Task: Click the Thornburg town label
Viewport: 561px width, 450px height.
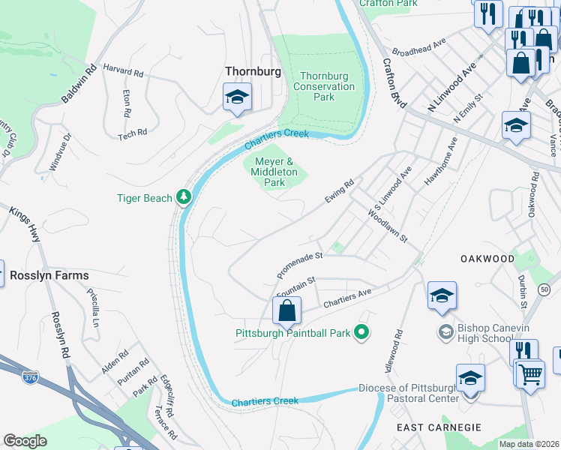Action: (253, 72)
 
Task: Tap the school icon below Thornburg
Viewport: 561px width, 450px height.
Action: (237, 98)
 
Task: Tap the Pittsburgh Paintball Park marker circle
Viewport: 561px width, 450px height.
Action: (361, 332)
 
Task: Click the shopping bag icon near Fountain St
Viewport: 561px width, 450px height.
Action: (286, 310)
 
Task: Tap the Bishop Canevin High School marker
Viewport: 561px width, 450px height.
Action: (446, 331)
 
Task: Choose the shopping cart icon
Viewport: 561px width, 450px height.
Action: (529, 373)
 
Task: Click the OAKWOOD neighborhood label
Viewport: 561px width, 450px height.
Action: (487, 259)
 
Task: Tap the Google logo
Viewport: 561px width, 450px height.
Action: (25, 440)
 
